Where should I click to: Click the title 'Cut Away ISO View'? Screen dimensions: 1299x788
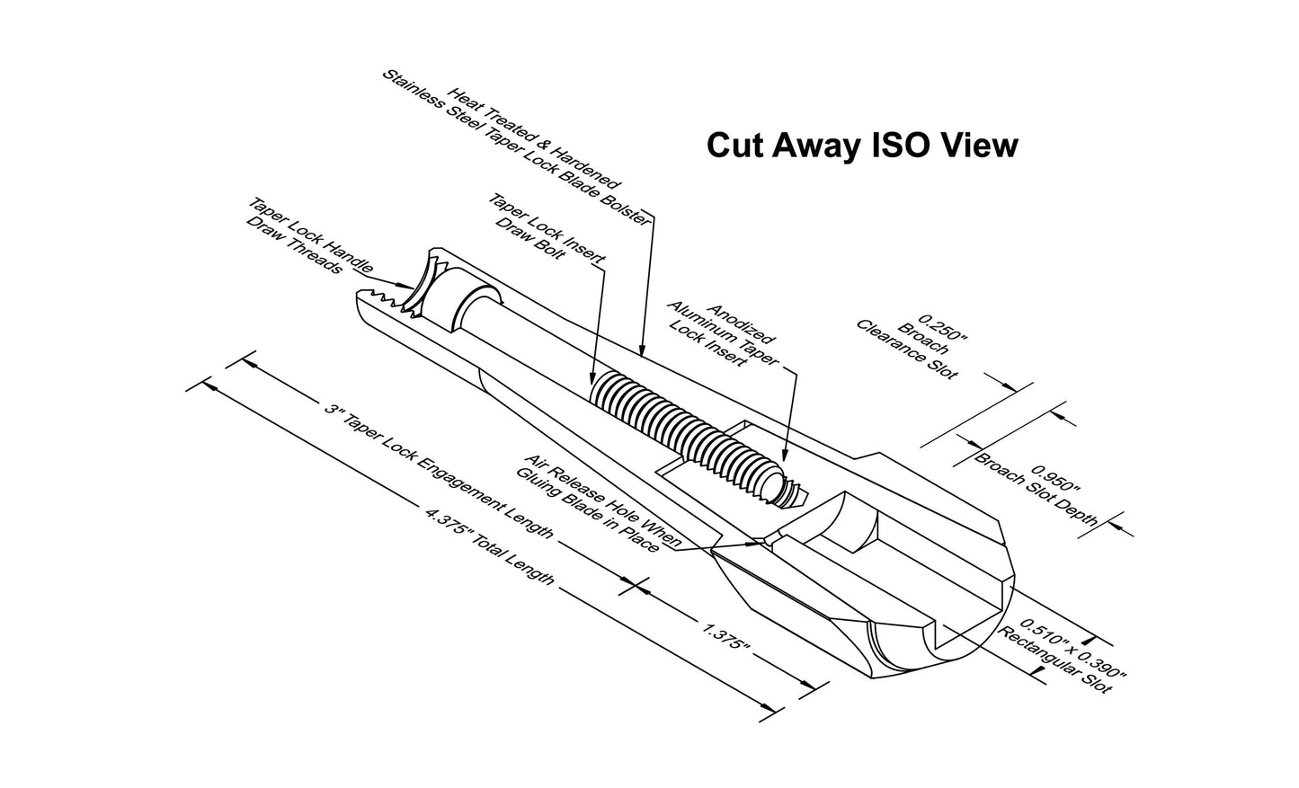click(862, 146)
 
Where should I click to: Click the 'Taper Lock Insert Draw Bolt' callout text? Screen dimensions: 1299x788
click(547, 227)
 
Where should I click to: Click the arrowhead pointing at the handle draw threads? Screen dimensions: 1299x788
click(407, 286)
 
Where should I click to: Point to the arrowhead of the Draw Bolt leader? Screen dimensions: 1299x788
click(592, 376)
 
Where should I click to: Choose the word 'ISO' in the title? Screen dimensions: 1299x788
click(903, 146)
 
